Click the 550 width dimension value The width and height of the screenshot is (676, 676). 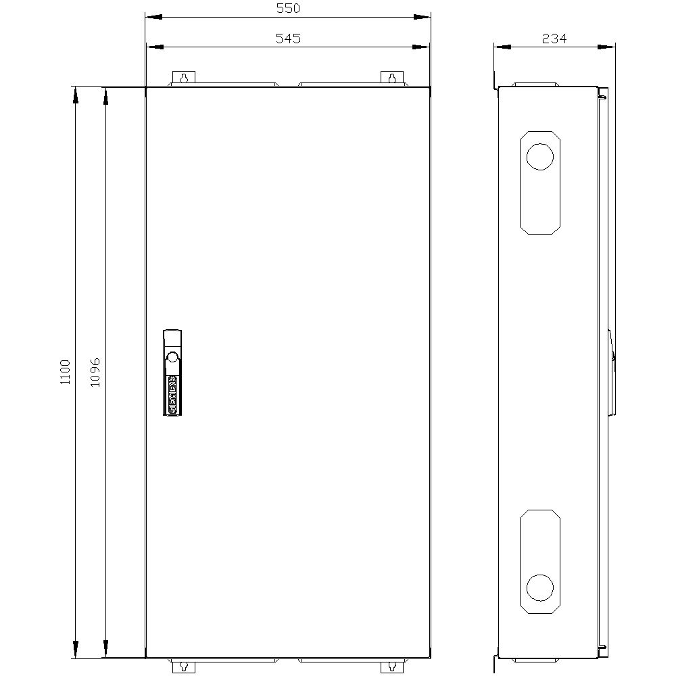click(288, 8)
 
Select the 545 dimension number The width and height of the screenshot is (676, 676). click(288, 39)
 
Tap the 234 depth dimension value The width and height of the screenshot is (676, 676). click(554, 39)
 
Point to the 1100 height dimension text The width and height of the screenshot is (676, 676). click(65, 372)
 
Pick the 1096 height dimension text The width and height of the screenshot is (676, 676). click(95, 372)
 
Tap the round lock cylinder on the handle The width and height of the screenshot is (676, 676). click(172, 358)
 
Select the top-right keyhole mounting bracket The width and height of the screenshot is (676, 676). click(391, 78)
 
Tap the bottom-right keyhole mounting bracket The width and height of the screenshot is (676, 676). click(391, 667)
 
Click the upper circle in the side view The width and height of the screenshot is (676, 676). click(539, 156)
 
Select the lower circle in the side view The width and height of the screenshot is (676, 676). click(539, 587)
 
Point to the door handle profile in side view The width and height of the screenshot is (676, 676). click(612, 372)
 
